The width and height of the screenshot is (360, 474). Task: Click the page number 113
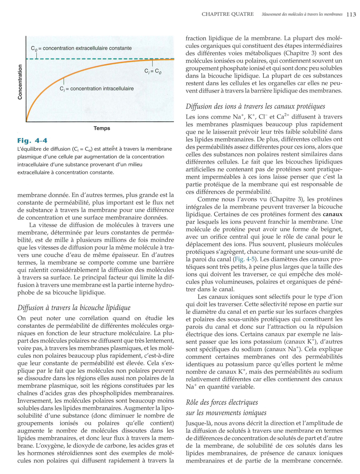pos(351,14)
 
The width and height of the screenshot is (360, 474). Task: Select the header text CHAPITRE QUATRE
pos(227,14)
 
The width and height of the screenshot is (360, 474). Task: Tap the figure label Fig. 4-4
pos(32,140)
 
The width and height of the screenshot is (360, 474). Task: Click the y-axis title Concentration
pos(20,82)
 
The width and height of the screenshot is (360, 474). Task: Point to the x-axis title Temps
pos(102,128)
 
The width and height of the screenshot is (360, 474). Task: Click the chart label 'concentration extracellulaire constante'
pos(87,48)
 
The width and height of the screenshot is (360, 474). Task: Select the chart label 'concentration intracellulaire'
pos(102,89)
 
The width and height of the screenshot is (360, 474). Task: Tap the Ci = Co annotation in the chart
pos(153,71)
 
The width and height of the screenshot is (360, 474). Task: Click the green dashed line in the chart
pos(94,59)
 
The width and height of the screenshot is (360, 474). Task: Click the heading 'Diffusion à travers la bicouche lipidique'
pos(74,308)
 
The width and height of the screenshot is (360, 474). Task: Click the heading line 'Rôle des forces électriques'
pos(222,402)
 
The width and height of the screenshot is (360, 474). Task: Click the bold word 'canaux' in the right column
pos(332,214)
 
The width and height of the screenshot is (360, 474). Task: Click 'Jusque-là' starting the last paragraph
pos(198,423)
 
